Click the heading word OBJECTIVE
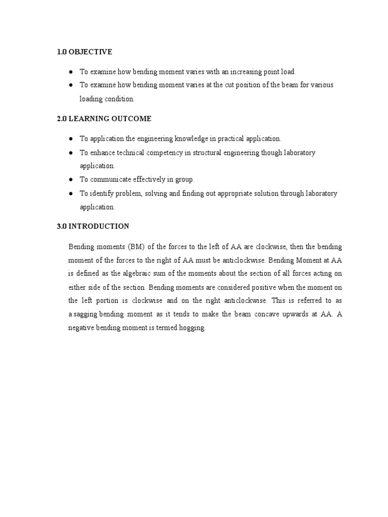coord(90,52)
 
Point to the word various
coord(321,85)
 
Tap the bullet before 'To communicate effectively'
coord(71,179)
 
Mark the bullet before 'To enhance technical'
coord(71,152)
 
